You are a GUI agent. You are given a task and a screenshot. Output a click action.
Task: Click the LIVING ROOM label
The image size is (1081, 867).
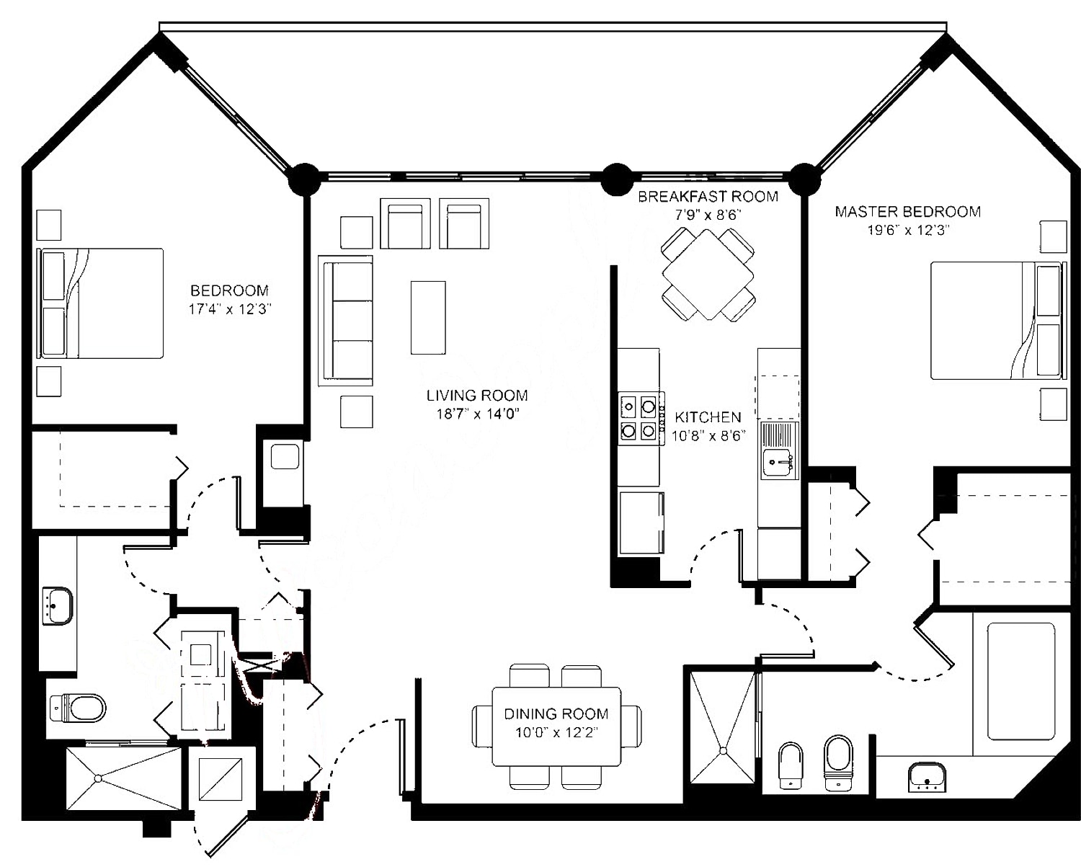coord(476,395)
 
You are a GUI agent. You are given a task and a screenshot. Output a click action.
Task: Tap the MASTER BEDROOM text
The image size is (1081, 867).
coord(907,211)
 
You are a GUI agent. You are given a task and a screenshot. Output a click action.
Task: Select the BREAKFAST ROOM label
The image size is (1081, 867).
coord(708,196)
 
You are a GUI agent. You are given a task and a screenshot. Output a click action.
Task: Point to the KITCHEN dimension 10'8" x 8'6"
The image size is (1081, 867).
coord(708,435)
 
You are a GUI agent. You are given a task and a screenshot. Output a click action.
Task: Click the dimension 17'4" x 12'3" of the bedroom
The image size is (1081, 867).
coord(229,309)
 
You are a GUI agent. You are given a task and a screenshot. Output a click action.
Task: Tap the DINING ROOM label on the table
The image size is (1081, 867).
coord(556,713)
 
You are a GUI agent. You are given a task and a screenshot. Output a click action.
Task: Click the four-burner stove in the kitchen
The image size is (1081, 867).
coord(639,419)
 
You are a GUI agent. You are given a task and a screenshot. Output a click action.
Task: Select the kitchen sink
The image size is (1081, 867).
coord(778,461)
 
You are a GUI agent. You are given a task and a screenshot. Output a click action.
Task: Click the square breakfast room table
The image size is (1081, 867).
coord(708,274)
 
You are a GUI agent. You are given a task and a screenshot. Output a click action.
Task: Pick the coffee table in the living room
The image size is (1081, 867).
coord(428,317)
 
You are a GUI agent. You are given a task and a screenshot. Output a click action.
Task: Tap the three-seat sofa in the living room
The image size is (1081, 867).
coord(346,320)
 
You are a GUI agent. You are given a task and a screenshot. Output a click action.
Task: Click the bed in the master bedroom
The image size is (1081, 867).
coord(995,320)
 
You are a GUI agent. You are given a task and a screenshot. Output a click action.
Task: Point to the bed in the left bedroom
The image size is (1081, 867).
coord(101,303)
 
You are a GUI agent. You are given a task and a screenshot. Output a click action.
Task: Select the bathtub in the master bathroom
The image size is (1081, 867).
coord(1020,680)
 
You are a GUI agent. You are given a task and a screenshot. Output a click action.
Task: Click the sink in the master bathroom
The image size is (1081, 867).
coord(926,777)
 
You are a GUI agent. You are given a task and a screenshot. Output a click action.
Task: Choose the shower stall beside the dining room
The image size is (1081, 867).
coord(722,726)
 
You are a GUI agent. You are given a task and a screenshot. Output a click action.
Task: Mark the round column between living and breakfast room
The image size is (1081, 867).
coord(616,179)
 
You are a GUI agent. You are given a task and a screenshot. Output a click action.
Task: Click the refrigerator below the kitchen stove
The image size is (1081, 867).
coord(641,523)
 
